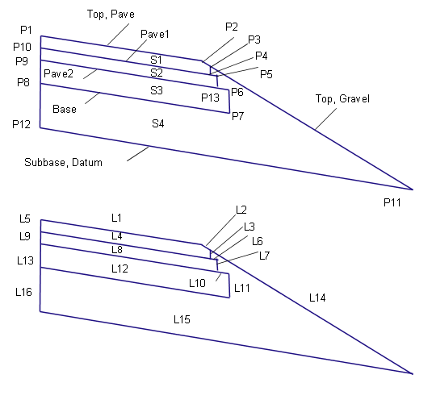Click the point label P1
point(26,30)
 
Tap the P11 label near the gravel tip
point(392,202)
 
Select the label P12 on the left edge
point(22,124)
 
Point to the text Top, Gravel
point(342,99)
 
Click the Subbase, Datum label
point(63,163)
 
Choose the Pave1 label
point(155,34)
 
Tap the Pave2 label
point(59,73)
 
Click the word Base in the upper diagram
point(65,109)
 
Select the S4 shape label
point(158,123)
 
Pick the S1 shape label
point(157,60)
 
